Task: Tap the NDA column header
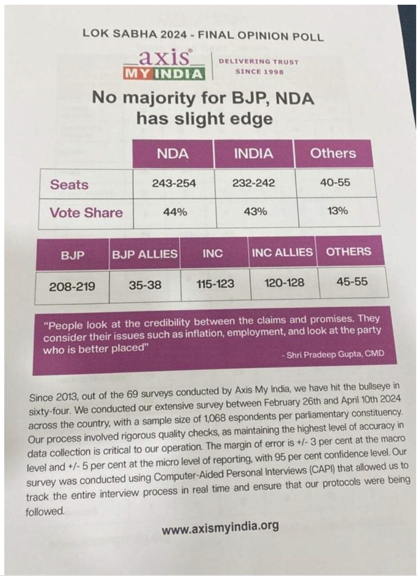coord(172,154)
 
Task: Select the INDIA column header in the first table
coord(253,154)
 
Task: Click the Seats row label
coord(69,184)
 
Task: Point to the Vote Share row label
coord(86,213)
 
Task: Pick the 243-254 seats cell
coord(174,183)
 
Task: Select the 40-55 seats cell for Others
coord(335,183)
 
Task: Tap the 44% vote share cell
coord(175,212)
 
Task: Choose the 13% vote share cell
coord(337,211)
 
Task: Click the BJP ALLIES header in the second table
coord(145,254)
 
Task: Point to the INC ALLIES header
coord(282,252)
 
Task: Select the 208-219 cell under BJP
coord(72,286)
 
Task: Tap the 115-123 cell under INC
coord(215,284)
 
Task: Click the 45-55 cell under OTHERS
coord(352,282)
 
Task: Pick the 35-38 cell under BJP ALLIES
coord(145,285)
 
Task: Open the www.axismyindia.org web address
coord(220,527)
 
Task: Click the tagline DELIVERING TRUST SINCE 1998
coord(259,67)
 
